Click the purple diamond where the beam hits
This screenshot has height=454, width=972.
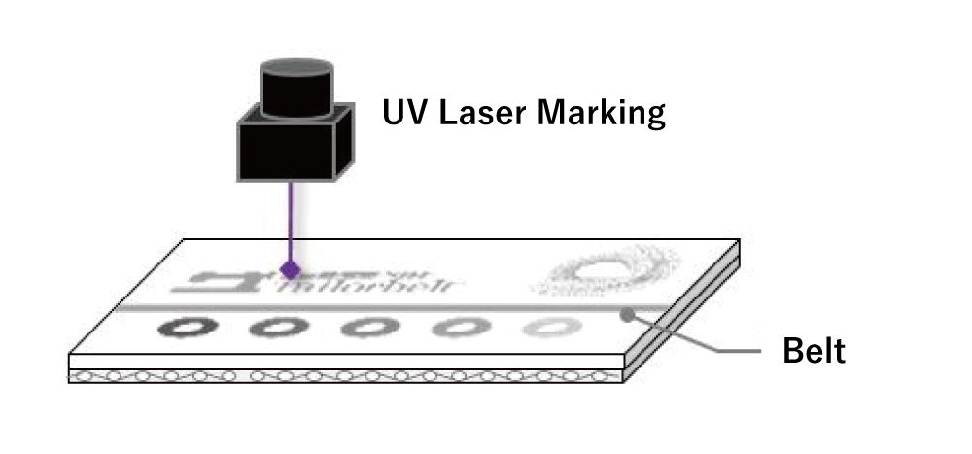click(289, 267)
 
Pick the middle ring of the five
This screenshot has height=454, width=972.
click(364, 328)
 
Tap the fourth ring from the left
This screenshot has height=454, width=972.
click(455, 328)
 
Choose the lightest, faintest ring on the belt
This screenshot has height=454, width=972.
click(546, 328)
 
